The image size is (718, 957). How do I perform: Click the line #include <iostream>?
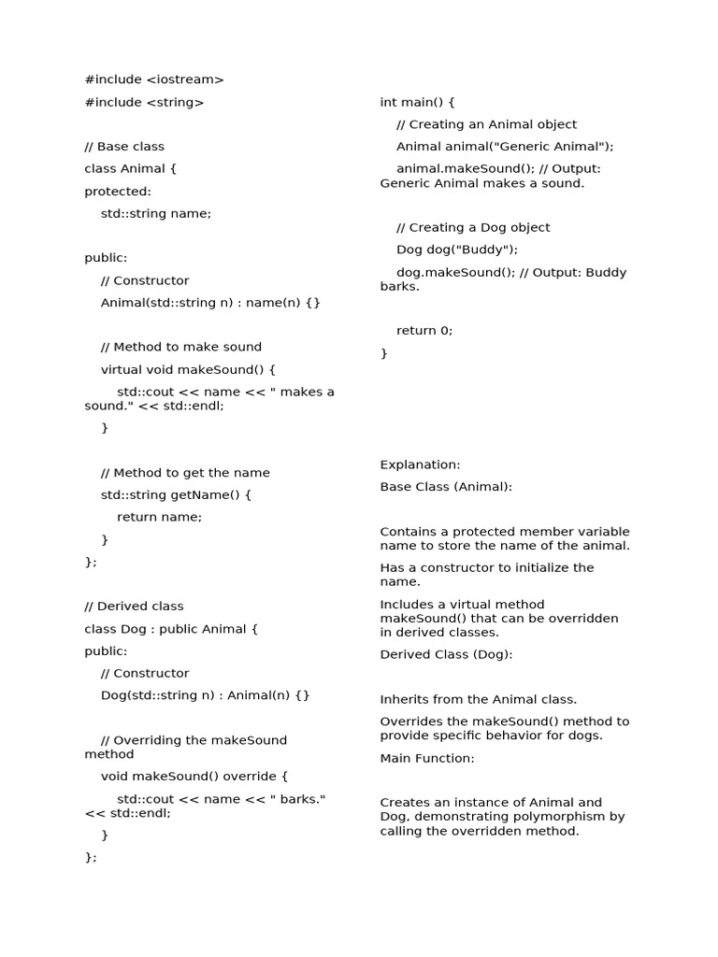click(154, 80)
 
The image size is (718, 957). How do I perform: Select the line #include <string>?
click(144, 103)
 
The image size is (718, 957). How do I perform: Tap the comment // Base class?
click(124, 147)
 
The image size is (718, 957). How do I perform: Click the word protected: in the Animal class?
click(118, 192)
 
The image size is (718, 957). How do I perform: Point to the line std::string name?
click(156, 214)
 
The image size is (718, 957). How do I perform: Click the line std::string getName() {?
click(176, 495)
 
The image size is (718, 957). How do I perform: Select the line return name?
click(159, 517)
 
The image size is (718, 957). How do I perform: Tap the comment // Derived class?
click(134, 607)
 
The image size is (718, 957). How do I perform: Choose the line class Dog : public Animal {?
click(171, 629)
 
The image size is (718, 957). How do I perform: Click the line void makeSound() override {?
click(194, 777)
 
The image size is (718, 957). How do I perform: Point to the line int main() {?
click(417, 103)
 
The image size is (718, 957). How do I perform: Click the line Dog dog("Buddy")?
click(456, 250)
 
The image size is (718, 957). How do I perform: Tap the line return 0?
click(424, 331)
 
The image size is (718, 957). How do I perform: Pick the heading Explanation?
click(420, 465)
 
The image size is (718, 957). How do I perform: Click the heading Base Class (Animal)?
click(446, 487)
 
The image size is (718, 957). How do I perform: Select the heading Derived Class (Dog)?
click(446, 655)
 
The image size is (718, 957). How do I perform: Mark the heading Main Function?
click(427, 759)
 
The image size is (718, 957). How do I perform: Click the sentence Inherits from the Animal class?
click(478, 700)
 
